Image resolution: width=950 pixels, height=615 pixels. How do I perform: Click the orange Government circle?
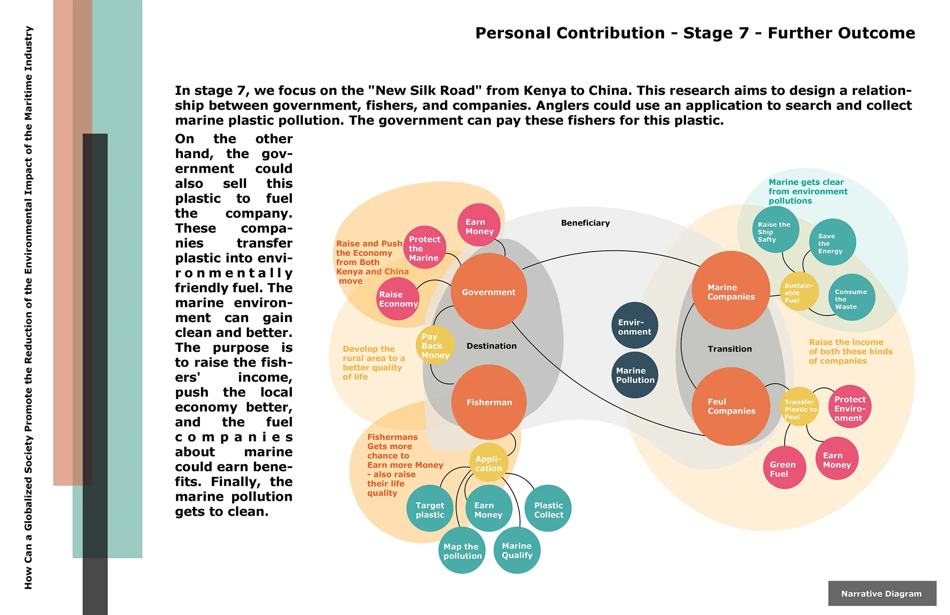pos(489,291)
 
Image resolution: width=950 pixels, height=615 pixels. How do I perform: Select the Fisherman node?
pos(489,402)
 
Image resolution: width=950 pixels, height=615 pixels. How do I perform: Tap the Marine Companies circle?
pos(731,290)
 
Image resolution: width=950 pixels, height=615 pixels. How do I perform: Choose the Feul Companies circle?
pos(731,406)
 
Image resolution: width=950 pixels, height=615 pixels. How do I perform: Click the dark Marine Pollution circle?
pos(635,375)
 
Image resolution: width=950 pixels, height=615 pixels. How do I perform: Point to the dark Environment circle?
pos(635,326)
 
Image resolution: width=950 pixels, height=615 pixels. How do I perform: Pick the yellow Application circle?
pos(489,463)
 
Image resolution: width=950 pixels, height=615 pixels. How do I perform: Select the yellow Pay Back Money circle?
pos(435,345)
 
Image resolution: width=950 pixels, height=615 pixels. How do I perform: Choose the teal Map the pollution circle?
pos(462,551)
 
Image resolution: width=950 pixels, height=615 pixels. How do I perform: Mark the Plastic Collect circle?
pos(548,509)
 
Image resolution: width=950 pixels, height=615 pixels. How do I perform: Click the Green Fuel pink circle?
pos(784,468)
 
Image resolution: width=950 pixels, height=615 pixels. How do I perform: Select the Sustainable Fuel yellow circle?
pos(799,292)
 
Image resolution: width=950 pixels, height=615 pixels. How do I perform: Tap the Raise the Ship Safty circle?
pos(775,230)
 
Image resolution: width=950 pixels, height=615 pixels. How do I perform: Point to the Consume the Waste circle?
pos(851,298)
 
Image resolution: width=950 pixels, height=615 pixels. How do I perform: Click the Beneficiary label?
pos(585,223)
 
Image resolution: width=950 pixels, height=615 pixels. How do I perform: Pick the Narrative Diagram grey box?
pos(882,593)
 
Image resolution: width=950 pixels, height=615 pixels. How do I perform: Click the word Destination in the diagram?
pos(491,346)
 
